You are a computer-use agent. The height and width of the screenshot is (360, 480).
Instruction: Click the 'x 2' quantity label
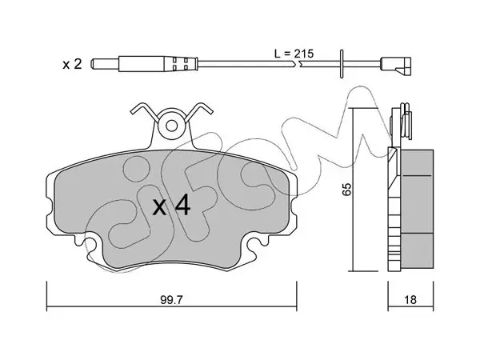click(x=72, y=64)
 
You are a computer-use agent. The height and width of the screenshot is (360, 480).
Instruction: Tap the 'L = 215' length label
click(x=294, y=54)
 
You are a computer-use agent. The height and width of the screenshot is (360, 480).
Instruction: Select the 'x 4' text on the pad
click(x=172, y=206)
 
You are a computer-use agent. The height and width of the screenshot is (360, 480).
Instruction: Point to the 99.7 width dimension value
click(x=171, y=300)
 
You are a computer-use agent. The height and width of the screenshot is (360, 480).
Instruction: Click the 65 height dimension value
click(x=346, y=189)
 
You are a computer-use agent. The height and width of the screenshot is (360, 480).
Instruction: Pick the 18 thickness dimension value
click(x=410, y=300)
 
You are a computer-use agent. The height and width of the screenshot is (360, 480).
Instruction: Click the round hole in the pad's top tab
click(x=172, y=126)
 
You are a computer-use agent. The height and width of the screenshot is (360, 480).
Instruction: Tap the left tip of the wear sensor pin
click(x=91, y=64)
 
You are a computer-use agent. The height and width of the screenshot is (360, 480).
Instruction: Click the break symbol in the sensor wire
click(x=296, y=64)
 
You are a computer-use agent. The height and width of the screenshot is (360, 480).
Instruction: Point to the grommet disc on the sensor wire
click(x=342, y=64)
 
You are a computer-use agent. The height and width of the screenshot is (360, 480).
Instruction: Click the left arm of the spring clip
click(x=145, y=112)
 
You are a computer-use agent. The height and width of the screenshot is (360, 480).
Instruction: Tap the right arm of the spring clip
click(x=199, y=112)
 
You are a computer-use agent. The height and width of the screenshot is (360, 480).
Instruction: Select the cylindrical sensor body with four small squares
click(x=158, y=64)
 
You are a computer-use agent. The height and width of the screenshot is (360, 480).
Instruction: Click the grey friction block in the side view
click(x=417, y=209)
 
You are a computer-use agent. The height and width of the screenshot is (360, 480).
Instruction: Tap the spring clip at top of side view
click(x=402, y=122)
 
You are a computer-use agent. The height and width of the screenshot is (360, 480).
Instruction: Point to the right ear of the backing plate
click(x=293, y=202)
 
